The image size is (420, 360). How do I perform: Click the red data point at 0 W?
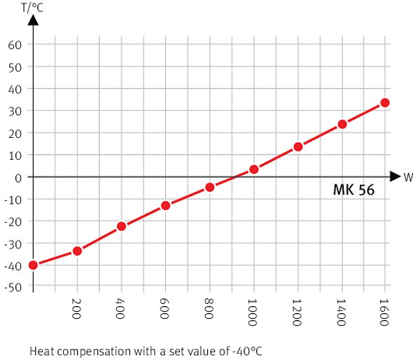(x=33, y=265)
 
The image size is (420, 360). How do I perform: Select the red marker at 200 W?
(x=77, y=251)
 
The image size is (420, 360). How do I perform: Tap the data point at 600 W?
(x=165, y=205)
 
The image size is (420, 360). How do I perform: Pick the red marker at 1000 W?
(x=253, y=169)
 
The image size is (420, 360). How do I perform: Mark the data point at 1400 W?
(x=342, y=124)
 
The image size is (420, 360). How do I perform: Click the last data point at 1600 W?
(x=385, y=103)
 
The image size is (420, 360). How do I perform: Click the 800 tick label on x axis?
(x=210, y=307)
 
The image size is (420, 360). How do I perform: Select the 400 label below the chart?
(x=122, y=307)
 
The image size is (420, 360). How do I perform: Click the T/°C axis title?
(x=32, y=8)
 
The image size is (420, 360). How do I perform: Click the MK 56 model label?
(x=353, y=190)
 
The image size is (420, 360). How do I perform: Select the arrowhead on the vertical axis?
(x=33, y=21)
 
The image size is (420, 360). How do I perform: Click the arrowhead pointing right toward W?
(x=395, y=176)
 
